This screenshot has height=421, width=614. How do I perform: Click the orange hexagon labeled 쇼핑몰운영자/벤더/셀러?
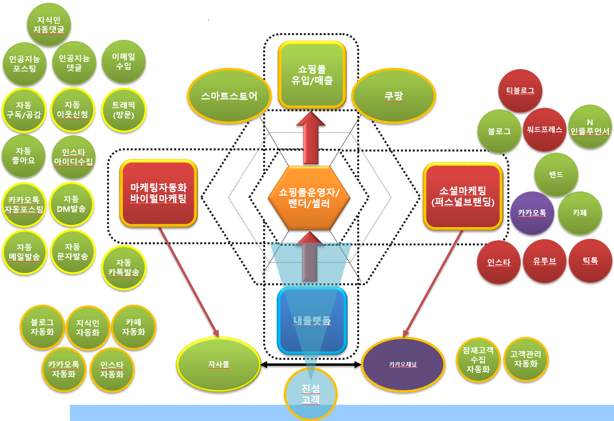(309, 197)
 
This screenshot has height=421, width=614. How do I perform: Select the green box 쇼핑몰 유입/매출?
(312, 75)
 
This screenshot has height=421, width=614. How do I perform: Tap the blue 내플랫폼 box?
(312, 320)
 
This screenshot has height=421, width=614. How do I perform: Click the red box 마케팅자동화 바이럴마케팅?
(158, 193)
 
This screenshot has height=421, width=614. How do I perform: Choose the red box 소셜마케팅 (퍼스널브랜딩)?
(463, 196)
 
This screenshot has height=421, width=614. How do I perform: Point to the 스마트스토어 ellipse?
(229, 96)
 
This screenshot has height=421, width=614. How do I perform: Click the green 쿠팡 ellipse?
(394, 96)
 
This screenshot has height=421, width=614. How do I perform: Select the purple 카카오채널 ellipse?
(403, 364)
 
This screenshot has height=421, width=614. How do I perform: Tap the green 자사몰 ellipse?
(218, 364)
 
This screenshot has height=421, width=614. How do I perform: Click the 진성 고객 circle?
(311, 394)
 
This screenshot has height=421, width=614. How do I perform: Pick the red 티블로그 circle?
(520, 91)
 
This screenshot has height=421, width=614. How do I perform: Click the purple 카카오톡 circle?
(532, 213)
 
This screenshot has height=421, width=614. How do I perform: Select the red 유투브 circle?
(544, 261)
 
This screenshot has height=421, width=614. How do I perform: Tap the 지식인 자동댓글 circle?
(49, 24)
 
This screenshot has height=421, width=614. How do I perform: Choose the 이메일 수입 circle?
(124, 62)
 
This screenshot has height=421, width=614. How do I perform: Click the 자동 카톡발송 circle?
(124, 268)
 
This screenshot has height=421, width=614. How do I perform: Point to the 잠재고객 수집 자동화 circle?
(478, 359)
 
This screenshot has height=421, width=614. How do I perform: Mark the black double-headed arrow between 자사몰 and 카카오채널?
(311, 365)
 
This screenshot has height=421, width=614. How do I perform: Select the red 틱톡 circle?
(590, 261)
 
